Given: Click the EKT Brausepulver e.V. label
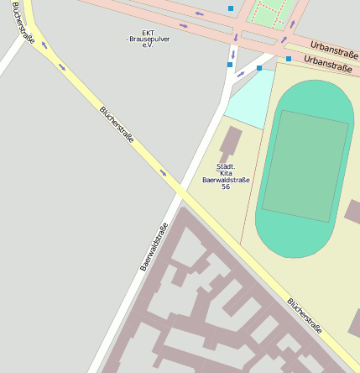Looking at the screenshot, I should pos(148,38).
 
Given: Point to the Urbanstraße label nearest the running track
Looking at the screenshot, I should pos(327,63).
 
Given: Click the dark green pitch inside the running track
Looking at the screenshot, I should pos(304,165).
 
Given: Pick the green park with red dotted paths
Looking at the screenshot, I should pos(270,13).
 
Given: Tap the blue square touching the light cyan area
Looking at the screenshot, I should pos(259,67).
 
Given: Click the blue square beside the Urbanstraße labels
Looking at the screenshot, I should pos(289,59).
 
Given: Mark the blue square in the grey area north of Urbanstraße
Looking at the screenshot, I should pos(231,8).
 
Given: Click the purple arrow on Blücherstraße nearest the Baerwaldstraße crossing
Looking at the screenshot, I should pos(163,173).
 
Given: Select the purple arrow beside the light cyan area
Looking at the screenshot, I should pos(241,75).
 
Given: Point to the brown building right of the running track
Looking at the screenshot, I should pos(352,212).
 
